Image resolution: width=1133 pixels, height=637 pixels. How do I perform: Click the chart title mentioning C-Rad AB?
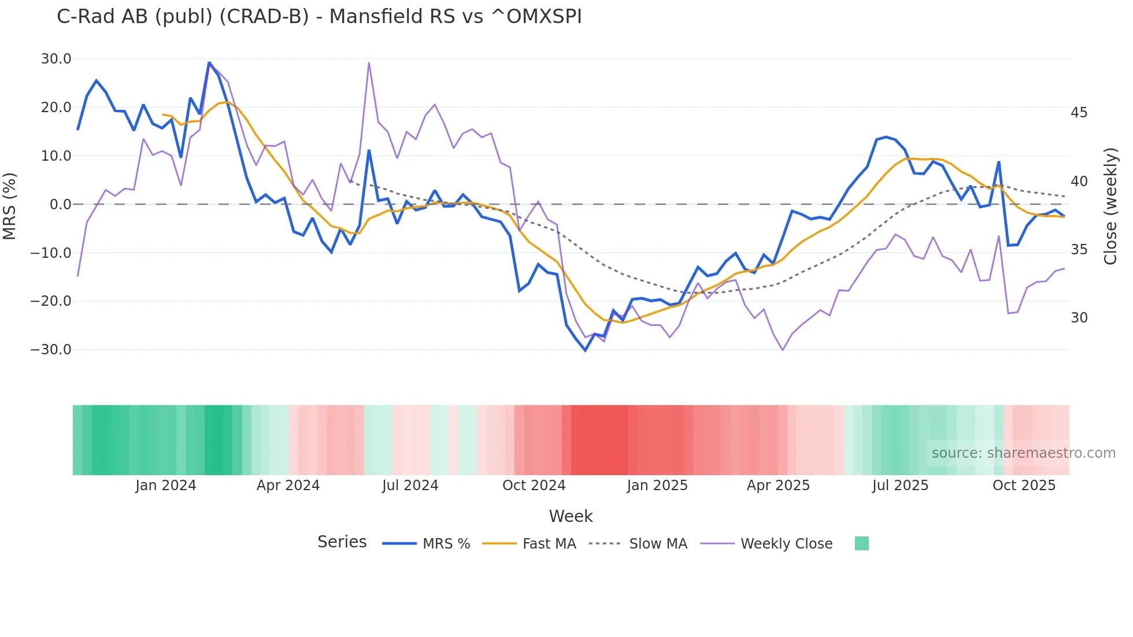coord(319,17)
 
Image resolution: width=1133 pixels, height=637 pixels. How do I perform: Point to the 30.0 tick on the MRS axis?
coord(56,59)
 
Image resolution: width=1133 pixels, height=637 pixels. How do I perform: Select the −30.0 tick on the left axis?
coord(51,350)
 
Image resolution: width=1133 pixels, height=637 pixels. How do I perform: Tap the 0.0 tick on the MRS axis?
coord(60,205)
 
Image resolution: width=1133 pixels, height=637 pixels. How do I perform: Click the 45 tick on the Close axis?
coord(1079,113)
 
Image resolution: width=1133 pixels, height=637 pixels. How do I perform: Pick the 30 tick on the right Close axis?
coord(1079,318)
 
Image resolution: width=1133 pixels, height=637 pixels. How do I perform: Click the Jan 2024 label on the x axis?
coord(166,486)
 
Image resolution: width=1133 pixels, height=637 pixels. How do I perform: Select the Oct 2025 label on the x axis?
coord(1024,486)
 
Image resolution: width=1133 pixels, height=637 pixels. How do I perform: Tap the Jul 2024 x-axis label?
coord(410,486)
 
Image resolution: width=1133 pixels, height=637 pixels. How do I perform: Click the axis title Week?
coord(571,516)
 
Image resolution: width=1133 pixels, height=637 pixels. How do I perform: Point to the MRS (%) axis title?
coord(10,206)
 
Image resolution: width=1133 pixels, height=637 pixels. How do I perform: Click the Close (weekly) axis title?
coord(1110,206)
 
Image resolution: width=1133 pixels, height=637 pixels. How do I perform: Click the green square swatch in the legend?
coord(861,543)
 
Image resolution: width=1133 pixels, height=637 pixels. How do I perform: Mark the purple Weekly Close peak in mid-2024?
coord(369,63)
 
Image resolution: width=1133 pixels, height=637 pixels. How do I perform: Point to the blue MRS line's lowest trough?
coord(585,350)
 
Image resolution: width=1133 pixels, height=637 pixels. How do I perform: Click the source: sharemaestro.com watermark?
coord(1023,453)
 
